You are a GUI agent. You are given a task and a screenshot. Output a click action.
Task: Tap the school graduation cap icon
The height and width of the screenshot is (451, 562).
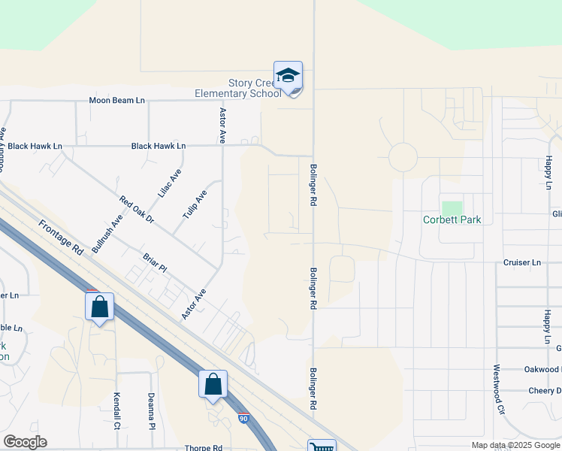pyautogui.click(x=288, y=76)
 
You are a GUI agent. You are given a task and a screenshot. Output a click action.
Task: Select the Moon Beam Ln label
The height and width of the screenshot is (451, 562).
pyautogui.click(x=116, y=100)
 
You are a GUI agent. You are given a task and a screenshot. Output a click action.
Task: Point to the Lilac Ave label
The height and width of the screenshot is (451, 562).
pyautogui.click(x=170, y=183)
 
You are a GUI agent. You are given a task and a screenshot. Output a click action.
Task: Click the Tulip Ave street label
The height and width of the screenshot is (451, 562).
pyautogui.click(x=195, y=204)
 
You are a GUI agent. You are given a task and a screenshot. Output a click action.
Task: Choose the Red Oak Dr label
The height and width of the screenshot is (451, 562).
pyautogui.click(x=136, y=210)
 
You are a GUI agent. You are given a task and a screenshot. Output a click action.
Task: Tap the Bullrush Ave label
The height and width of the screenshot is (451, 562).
pyautogui.click(x=107, y=234)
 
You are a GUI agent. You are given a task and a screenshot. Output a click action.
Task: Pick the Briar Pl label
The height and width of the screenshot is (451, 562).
pyautogui.click(x=153, y=263)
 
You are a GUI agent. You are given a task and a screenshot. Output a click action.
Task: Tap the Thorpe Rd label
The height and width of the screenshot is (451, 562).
pyautogui.click(x=203, y=448)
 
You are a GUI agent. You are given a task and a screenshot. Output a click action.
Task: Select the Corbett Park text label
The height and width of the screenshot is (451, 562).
pyautogui.click(x=452, y=220)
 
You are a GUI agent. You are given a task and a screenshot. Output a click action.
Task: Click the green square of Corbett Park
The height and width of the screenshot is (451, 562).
pyautogui.click(x=452, y=208)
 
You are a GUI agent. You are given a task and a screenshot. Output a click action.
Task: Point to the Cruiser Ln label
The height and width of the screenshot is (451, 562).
pyautogui.click(x=521, y=262)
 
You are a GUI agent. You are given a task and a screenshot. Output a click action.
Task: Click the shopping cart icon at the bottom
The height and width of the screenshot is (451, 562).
pyautogui.click(x=322, y=446)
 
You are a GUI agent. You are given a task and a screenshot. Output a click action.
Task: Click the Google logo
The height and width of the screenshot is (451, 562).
pyautogui.click(x=25, y=442)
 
